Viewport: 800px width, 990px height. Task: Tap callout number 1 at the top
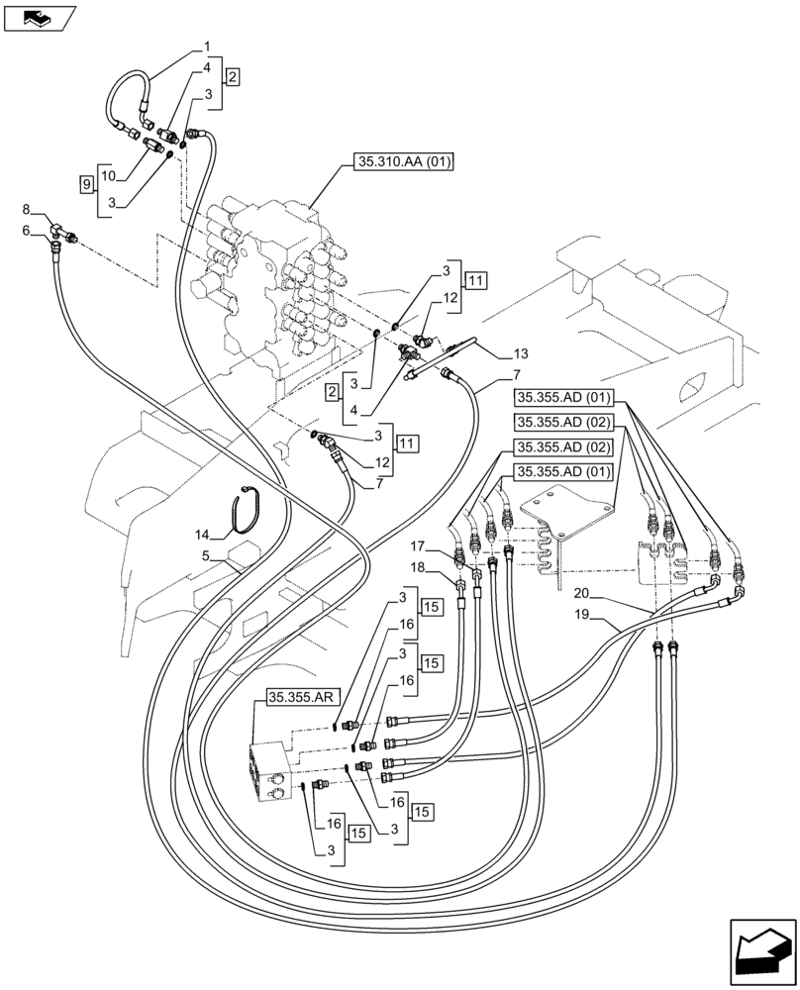(208, 46)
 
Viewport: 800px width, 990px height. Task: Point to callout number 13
(521, 353)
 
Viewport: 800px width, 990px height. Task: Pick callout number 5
(206, 556)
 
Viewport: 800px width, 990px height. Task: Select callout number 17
(420, 544)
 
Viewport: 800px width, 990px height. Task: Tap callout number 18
(420, 566)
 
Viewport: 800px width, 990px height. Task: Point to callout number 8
(26, 209)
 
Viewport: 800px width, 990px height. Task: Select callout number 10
(109, 175)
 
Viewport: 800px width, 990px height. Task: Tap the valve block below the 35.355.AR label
(272, 776)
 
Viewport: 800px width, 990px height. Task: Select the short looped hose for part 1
(123, 99)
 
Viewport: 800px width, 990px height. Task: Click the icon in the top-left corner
(40, 17)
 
